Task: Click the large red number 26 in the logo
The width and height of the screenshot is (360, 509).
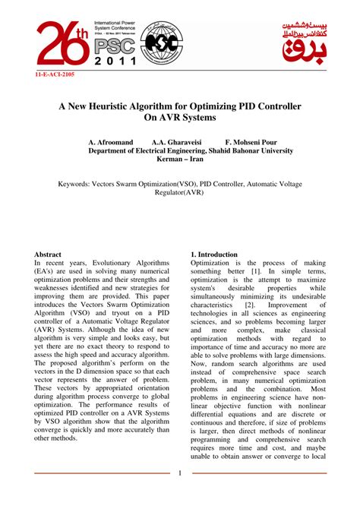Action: [60, 45]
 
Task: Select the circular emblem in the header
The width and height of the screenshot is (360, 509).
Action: [163, 43]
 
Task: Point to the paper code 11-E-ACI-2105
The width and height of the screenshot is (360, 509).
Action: [55, 75]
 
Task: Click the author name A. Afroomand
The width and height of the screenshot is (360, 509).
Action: [112, 141]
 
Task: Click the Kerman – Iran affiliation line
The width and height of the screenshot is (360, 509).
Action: [180, 161]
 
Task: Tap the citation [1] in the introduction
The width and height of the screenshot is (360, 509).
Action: [256, 272]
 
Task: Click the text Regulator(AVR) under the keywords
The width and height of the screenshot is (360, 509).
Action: [180, 194]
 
